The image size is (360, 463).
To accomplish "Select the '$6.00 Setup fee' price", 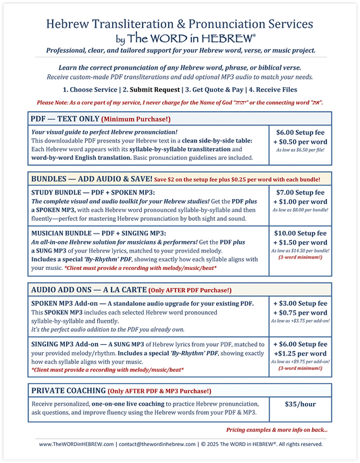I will tap(301, 135).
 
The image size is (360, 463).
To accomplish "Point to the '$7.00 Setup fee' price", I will tap(301, 193).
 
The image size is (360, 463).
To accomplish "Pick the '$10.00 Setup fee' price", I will tap(301, 233).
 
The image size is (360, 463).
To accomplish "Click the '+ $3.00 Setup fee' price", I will tap(301, 304).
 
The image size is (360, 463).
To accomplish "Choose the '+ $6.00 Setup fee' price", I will tap(301, 343).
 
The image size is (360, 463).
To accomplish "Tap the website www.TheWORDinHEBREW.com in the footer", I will tap(75, 444).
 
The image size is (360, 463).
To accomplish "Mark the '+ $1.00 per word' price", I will tap(301, 203).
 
